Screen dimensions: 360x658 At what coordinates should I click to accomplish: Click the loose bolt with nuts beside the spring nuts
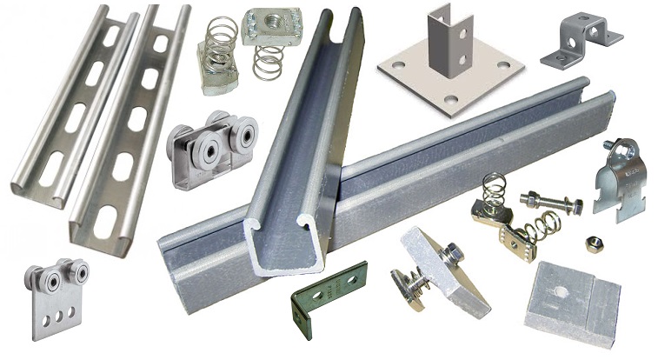coord(548,204)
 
